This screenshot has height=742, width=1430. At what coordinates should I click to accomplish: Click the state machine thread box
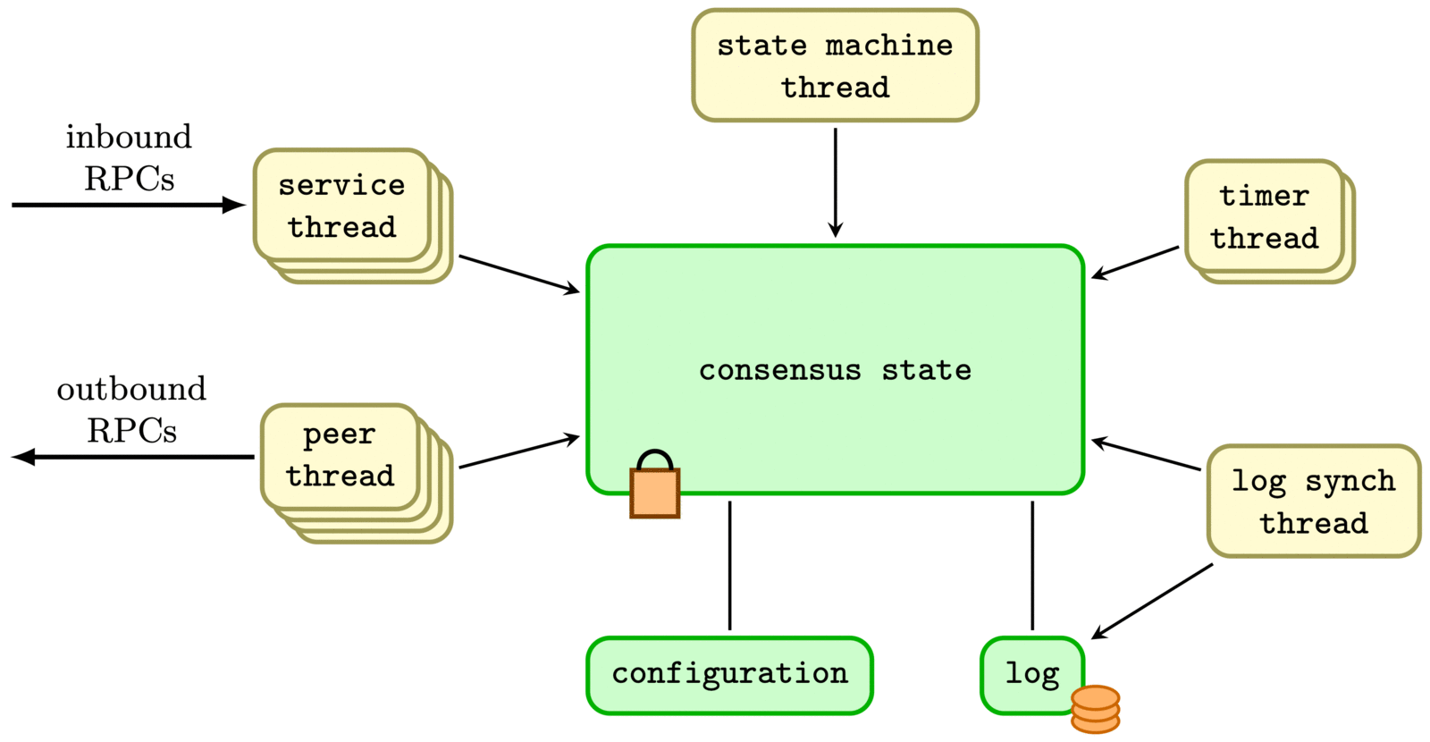pos(835,65)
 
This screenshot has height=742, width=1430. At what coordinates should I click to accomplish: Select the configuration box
pos(729,675)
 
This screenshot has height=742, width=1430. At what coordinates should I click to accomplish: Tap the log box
pos(1032,675)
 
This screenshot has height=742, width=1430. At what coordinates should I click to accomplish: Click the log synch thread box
pos(1313,502)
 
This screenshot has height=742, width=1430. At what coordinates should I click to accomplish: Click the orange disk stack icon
pos(1095,709)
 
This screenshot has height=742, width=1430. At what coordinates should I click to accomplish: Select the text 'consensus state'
pos(835,370)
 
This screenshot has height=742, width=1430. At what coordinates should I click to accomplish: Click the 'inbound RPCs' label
pos(129,157)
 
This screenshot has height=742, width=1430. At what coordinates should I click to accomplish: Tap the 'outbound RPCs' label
pos(131,409)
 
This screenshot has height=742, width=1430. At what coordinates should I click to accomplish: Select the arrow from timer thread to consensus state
pos(1135,263)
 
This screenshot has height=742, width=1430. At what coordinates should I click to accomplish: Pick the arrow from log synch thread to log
pos(1152,601)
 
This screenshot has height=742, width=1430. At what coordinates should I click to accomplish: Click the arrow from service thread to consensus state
pos(518,274)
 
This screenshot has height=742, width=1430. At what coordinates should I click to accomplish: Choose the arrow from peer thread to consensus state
pos(518,452)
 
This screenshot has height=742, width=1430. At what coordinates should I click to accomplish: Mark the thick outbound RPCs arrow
pos(134,457)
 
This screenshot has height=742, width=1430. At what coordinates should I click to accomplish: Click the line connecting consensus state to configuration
pos(729,565)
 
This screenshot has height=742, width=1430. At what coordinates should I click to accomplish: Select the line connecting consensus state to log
pos(1032,565)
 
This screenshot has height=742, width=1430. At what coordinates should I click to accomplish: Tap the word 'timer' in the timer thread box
pos(1264,196)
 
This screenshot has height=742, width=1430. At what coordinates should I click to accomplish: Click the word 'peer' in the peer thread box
pos(339,435)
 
